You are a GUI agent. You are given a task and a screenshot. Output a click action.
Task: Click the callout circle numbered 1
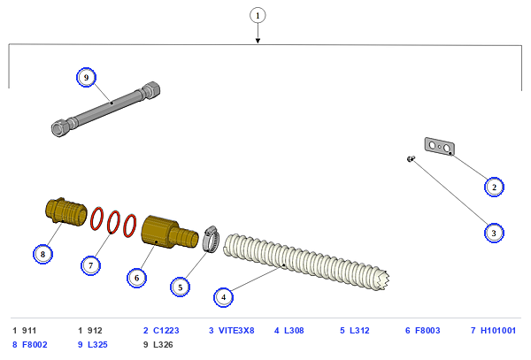(x=258, y=16)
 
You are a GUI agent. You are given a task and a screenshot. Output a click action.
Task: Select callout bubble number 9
(x=86, y=78)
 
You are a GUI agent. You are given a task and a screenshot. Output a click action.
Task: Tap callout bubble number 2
(x=494, y=187)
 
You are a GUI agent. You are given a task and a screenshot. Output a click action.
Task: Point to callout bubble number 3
(x=494, y=233)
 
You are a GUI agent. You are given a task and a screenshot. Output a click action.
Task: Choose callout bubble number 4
(x=224, y=297)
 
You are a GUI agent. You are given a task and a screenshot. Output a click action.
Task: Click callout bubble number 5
(x=181, y=287)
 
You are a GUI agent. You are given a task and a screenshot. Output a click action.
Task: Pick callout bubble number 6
(x=137, y=278)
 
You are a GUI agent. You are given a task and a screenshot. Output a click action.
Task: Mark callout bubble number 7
(x=90, y=265)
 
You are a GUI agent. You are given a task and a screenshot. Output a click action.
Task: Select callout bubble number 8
(x=42, y=254)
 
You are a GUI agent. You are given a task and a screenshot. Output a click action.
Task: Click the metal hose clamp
(x=211, y=239)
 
